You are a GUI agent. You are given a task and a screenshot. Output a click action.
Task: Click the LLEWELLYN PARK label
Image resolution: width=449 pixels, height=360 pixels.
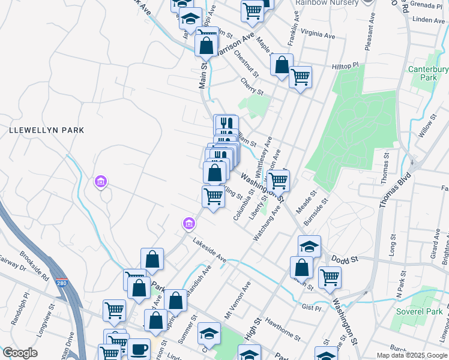point(46,130)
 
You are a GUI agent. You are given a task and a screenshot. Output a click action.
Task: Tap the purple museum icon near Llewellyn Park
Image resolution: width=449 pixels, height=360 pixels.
point(100,181)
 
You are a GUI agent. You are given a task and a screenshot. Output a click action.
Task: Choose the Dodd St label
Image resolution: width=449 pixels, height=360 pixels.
point(345,259)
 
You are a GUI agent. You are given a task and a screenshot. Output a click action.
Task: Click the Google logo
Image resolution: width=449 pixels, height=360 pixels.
point(19,353)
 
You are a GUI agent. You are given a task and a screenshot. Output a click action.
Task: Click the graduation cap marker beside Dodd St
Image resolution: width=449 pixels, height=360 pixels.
point(309,246)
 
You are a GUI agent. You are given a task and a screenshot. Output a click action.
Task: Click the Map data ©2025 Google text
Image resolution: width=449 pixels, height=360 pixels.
point(411,355)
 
